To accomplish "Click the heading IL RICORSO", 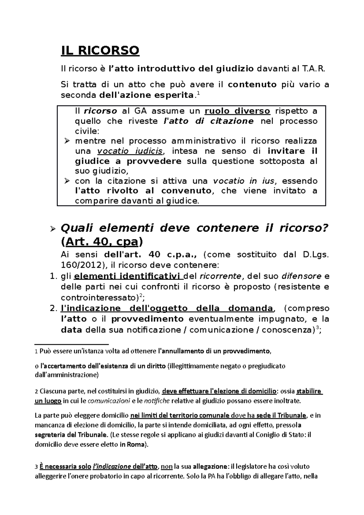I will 100,50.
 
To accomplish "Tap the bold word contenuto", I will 252,84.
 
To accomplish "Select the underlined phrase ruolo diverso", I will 238,111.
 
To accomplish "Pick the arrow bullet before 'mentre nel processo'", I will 67,141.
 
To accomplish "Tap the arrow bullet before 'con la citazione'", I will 67,181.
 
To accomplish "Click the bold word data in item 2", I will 71,330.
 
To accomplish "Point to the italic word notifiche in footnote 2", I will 157,401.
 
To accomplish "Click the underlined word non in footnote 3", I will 165,466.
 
